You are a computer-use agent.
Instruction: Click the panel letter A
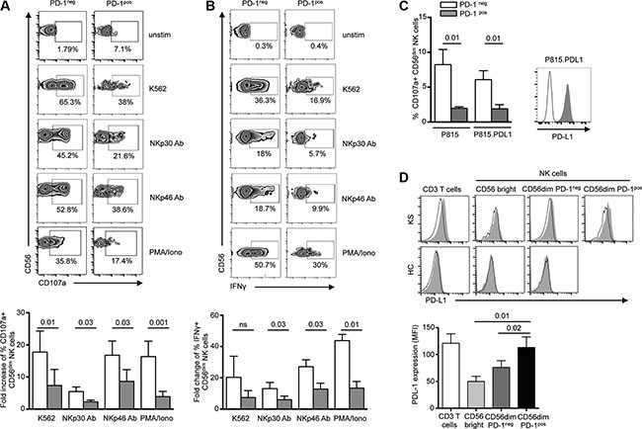7,8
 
